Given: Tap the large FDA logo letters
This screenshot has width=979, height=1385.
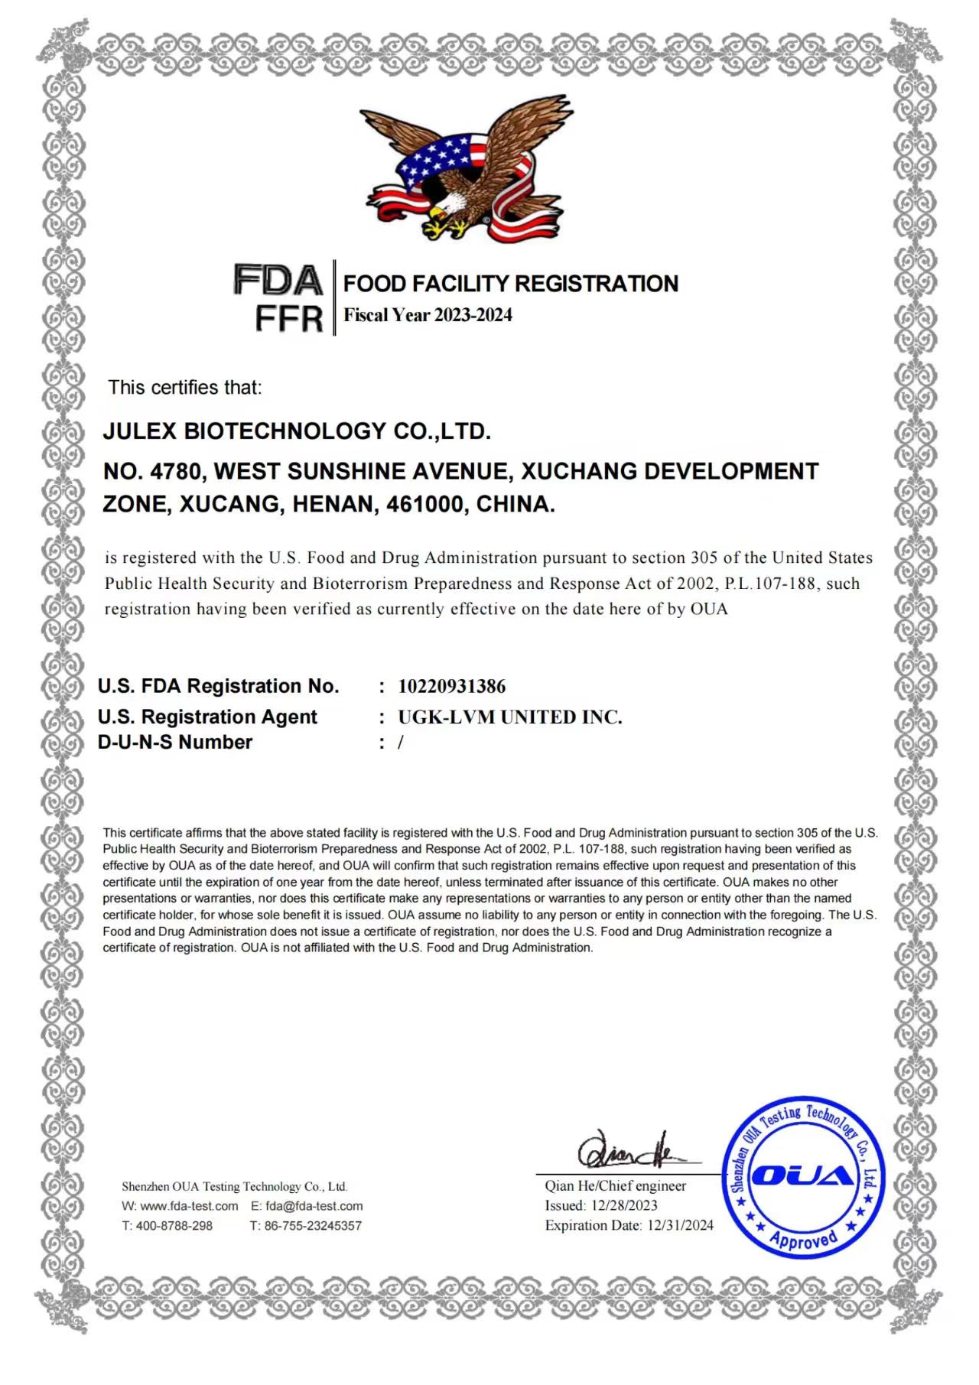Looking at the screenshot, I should (x=278, y=280).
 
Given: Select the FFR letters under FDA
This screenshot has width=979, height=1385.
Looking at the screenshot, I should (x=288, y=318).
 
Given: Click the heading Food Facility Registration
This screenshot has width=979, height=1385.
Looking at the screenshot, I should (x=510, y=284).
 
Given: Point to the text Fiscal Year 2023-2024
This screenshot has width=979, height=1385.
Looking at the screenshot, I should (x=428, y=315).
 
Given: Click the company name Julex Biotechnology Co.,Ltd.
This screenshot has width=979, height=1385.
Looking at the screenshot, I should (x=297, y=431).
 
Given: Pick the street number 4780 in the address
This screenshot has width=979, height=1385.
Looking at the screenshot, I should (x=177, y=471).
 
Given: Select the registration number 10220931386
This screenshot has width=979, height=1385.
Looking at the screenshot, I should (x=452, y=686).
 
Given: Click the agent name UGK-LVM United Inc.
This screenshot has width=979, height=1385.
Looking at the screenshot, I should (x=510, y=717).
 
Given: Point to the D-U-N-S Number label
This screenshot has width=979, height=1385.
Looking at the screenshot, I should (x=175, y=742).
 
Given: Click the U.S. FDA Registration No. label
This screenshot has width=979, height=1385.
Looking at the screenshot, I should (x=218, y=686).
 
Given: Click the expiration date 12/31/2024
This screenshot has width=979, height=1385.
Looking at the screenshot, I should (x=680, y=1225).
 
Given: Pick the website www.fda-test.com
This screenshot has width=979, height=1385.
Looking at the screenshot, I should (x=189, y=1206).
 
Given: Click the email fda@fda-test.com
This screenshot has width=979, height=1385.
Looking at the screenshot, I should (x=314, y=1206).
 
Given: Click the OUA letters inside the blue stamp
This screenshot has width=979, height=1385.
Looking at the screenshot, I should (x=802, y=1176).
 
